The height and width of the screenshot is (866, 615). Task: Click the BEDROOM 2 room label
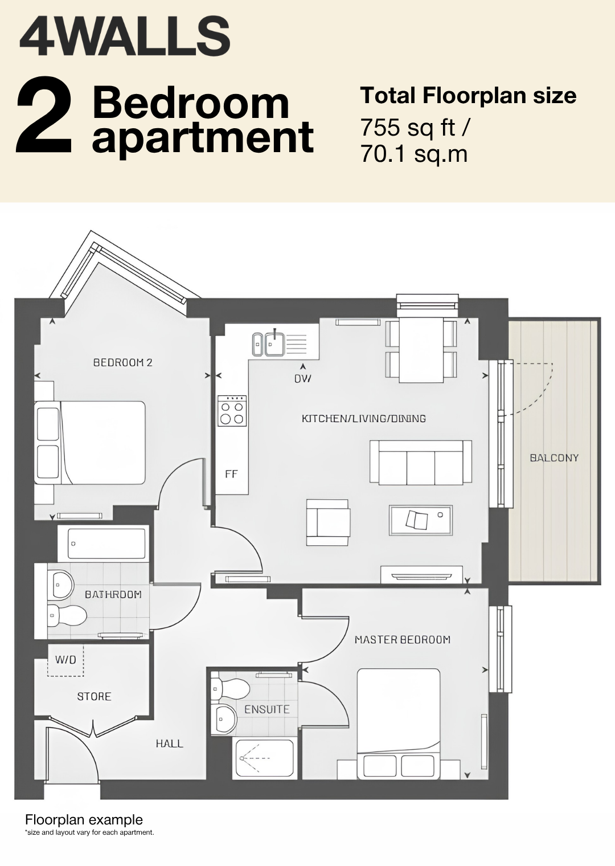click(123, 362)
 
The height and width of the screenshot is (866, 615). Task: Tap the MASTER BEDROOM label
click(403, 640)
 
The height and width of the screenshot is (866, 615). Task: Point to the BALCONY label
click(554, 457)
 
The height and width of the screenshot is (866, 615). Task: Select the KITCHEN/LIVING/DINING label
click(363, 418)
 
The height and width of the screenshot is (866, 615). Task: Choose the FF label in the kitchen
click(231, 474)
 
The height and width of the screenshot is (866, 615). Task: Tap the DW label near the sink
click(303, 379)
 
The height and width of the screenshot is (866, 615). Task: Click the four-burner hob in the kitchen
click(232, 411)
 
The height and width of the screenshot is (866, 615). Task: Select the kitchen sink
click(269, 344)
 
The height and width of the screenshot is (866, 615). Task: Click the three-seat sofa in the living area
click(421, 463)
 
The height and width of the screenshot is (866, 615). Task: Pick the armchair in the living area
click(329, 522)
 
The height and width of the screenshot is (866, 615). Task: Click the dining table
click(421, 349)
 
